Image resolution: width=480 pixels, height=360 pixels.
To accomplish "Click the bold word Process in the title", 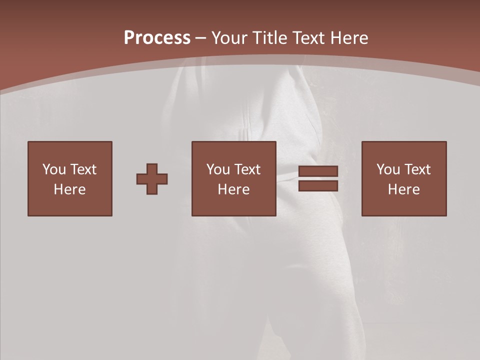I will [157, 38].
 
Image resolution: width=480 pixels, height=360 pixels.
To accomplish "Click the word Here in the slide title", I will [349, 38].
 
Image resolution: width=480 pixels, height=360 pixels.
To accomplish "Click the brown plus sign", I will [152, 179].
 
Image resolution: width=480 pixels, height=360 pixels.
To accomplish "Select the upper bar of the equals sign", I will [318, 171].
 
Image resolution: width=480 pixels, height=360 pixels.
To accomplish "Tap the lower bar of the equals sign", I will [318, 185].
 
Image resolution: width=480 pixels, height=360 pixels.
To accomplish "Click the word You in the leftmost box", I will [54, 169].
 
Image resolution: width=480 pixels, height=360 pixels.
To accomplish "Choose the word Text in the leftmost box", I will [82, 169].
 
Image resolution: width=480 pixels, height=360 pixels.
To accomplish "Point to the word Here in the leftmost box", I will [69, 189].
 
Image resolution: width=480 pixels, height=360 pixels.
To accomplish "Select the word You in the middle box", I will [218, 169].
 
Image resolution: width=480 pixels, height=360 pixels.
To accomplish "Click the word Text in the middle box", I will [246, 169].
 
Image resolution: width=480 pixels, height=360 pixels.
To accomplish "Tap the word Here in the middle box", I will [233, 189].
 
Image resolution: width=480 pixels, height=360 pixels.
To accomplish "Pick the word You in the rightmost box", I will [388, 169].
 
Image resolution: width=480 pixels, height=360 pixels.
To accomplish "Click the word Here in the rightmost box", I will [403, 189].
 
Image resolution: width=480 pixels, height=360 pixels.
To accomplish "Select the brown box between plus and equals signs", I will [233, 205].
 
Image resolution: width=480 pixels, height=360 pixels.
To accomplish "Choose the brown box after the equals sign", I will [403, 205].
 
